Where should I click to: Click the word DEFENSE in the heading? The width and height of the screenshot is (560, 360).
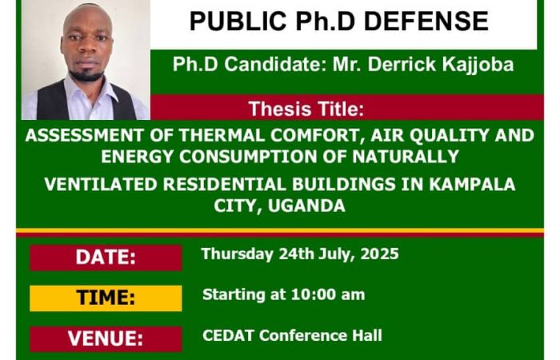426,21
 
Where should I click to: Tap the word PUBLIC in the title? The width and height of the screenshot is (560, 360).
238,21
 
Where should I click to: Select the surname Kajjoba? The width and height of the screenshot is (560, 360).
478,65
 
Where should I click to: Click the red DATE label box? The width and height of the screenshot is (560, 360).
106,258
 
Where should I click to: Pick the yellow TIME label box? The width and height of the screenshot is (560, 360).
106,298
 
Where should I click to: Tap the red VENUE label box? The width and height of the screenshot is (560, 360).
106,339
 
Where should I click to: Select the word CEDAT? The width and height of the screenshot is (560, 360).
228,335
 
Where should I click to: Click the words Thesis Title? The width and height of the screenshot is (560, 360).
306,109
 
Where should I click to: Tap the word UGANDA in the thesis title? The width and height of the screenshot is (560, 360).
306,206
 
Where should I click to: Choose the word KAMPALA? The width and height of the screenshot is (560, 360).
472,184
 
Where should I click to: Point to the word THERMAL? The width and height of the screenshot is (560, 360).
222,135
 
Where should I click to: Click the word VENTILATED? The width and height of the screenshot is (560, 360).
101,184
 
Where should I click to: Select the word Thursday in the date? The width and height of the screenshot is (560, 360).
237,254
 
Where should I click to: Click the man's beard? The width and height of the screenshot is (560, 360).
86,74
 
